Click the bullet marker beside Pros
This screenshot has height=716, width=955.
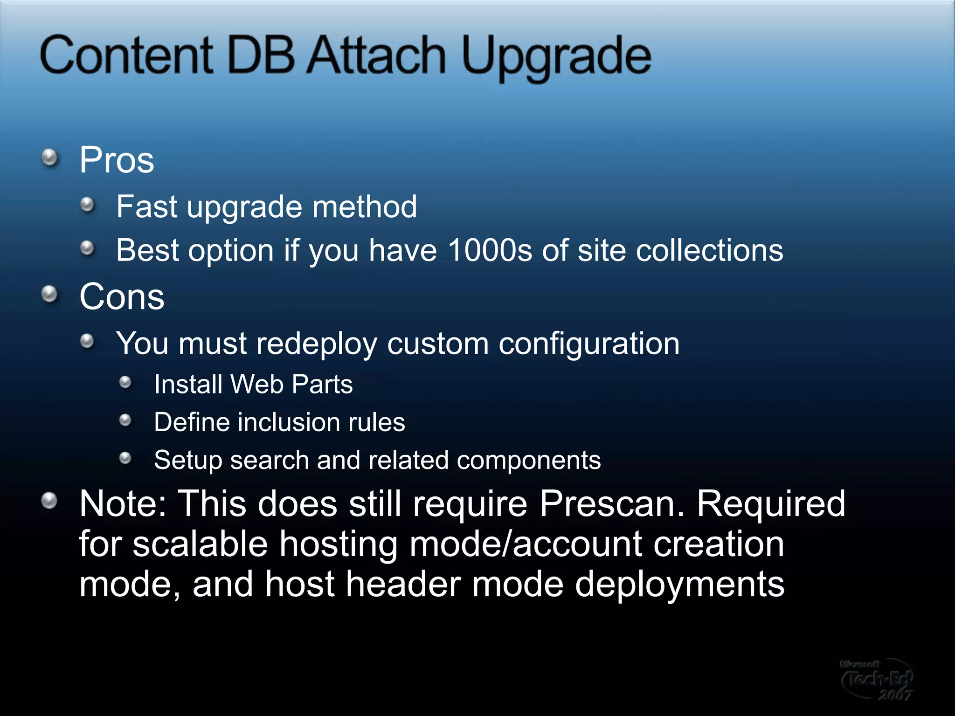(49, 158)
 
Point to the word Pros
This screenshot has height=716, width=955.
(117, 160)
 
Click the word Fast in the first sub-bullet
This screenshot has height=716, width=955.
(147, 207)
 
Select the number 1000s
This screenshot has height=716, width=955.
(489, 250)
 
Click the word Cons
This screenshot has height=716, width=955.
(122, 296)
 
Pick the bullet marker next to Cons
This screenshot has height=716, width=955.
(49, 295)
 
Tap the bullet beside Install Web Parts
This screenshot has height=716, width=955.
(125, 383)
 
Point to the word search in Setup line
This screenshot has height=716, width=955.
(269, 460)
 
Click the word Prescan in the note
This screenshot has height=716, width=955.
(612, 503)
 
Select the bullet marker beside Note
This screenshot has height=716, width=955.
(49, 501)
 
